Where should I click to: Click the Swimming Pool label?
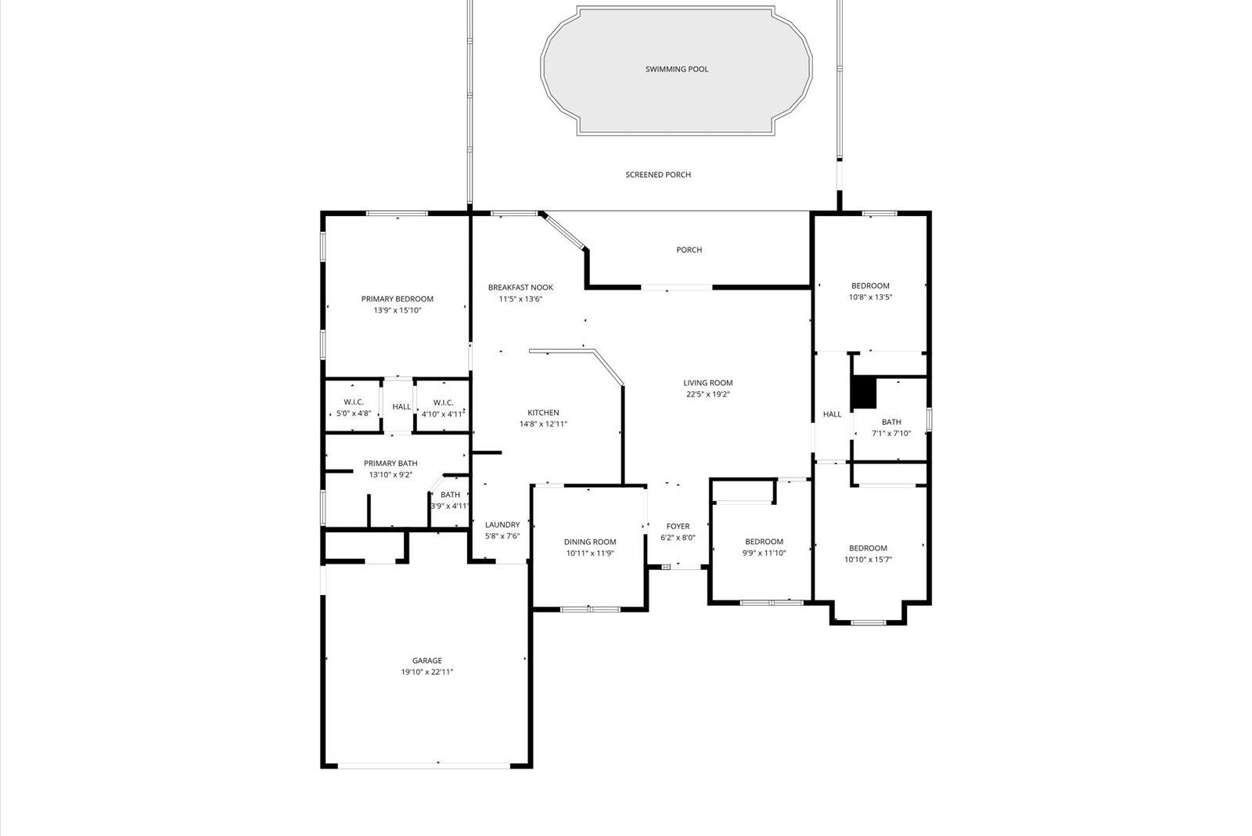677,69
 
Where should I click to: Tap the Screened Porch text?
658,175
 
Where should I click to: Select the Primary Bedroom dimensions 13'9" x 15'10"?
398,311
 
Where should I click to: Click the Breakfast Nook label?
520,287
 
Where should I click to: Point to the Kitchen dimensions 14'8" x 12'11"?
543,424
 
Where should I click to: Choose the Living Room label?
708,383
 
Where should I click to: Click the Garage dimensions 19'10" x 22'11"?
427,672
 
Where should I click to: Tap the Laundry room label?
502,525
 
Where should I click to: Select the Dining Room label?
590,542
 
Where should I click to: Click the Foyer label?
678,526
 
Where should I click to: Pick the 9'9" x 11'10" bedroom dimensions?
764,553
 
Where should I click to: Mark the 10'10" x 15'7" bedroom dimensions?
869,560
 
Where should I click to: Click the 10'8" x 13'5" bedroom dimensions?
871,297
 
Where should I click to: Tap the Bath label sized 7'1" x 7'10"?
891,422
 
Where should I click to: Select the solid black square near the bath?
863,392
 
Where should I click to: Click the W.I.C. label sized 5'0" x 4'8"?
354,402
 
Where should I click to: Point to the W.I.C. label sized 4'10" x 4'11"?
443,402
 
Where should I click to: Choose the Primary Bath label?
390,463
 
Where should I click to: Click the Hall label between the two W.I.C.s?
401,407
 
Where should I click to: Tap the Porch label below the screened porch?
689,250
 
